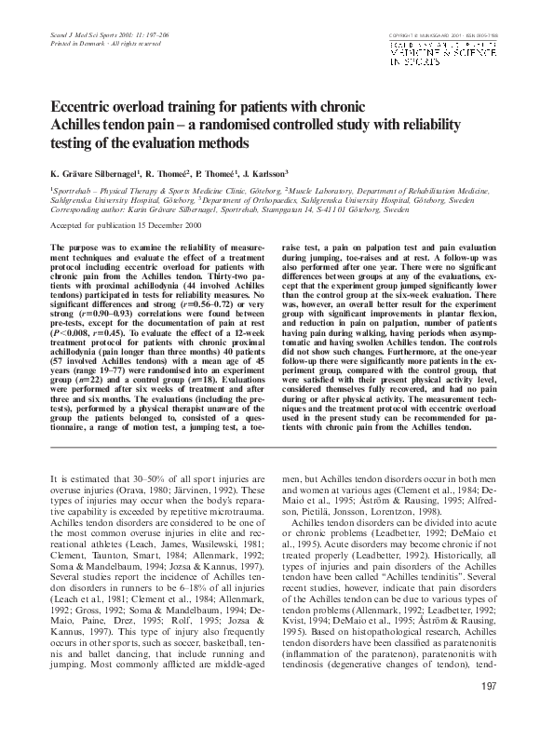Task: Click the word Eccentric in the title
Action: pyautogui.click(x=84, y=106)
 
